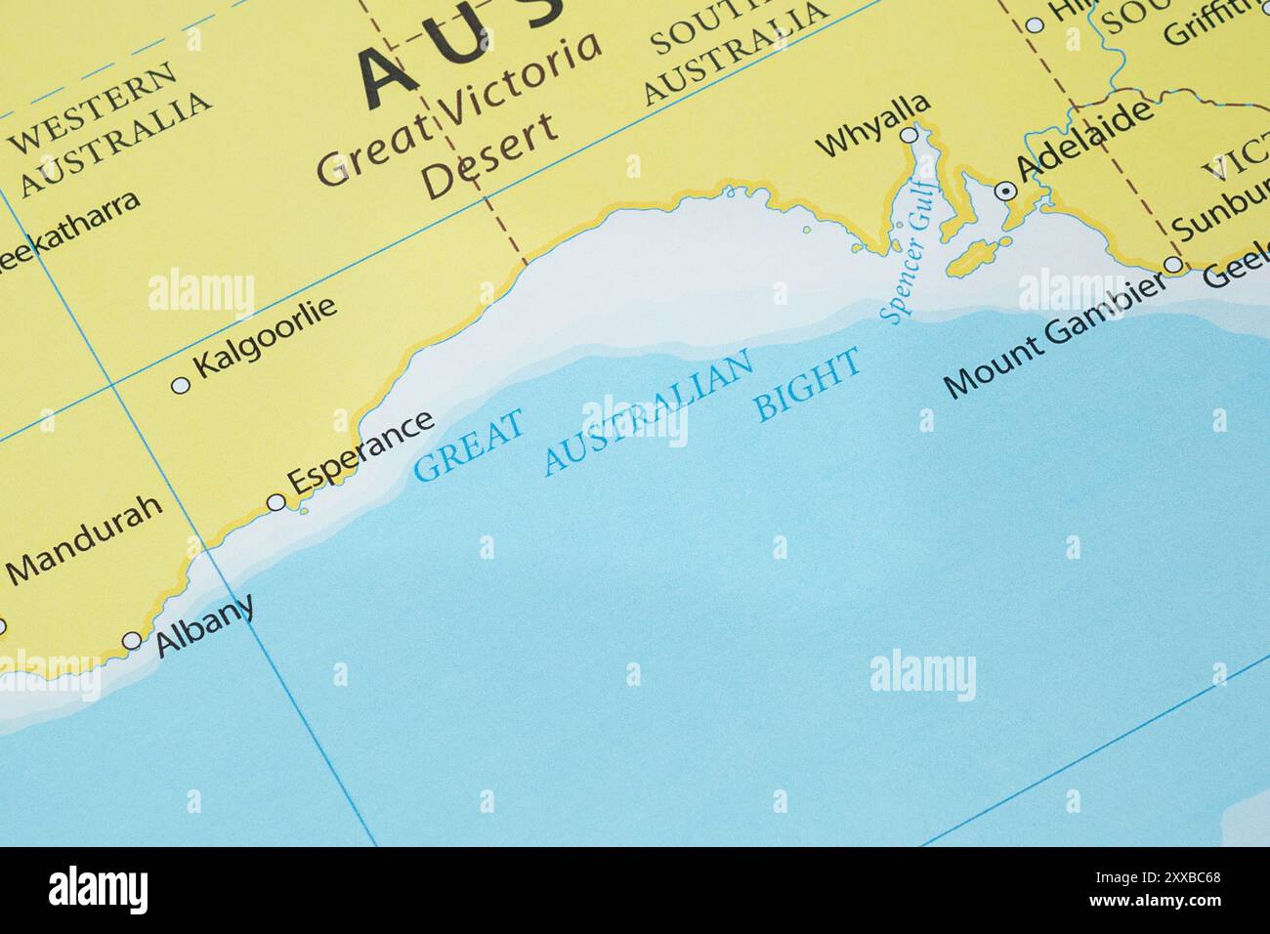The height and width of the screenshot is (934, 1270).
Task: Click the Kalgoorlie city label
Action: click(x=266, y=337)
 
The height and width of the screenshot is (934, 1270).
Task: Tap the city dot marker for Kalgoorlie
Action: click(x=180, y=385)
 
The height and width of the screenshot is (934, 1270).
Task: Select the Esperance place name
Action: click(x=361, y=450)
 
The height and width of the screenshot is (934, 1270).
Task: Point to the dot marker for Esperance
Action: click(x=276, y=502)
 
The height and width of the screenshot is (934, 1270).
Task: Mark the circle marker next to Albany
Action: click(x=132, y=641)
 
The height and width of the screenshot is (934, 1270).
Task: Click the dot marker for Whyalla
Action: click(x=910, y=134)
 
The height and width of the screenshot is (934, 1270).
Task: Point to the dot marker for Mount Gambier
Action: click(x=1172, y=265)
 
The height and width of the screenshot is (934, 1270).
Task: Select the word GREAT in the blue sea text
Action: click(x=469, y=445)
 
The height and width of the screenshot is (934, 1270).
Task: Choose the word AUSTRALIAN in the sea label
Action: click(x=650, y=412)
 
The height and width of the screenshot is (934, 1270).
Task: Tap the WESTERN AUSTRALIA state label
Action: click(x=110, y=128)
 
